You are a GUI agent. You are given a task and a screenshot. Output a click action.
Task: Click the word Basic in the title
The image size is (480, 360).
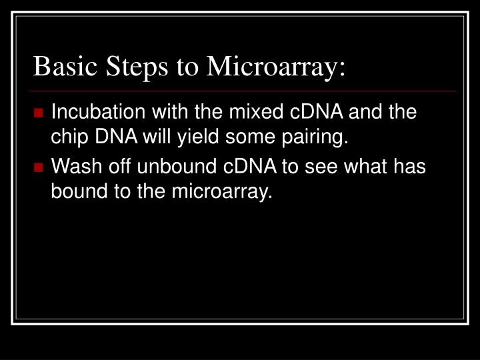61,67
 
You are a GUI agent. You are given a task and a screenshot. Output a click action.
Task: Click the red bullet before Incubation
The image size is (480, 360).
42,111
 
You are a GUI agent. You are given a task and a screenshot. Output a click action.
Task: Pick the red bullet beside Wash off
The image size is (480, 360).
42,166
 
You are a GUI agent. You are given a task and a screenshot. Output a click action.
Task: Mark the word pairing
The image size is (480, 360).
317,139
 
